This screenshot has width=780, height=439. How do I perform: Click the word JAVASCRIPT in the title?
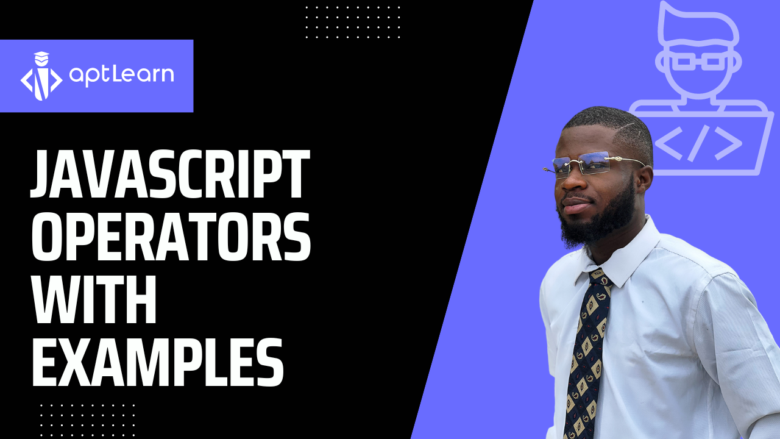tap(170, 174)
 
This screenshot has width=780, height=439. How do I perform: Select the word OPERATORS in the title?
tap(171, 236)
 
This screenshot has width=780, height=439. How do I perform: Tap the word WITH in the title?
tap(94, 299)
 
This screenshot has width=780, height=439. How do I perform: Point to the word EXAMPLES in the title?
tap(158, 362)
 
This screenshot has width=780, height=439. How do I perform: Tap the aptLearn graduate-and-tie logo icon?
tap(41, 76)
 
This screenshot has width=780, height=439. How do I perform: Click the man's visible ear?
tap(643, 179)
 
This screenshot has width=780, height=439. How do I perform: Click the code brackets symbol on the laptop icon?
tap(698, 143)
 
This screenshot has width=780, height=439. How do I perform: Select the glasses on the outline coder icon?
tap(698, 62)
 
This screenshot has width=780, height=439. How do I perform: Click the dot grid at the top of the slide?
tap(353, 22)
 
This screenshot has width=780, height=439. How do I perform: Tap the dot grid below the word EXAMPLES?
tap(87, 420)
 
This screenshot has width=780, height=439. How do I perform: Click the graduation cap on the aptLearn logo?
tap(41, 55)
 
